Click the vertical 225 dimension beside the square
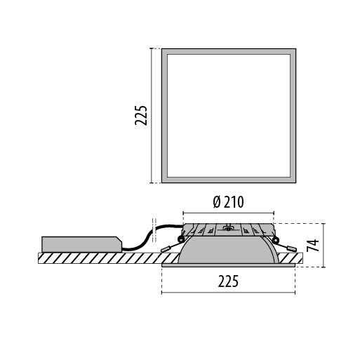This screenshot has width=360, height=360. [x=141, y=115]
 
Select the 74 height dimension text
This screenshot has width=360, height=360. [x=314, y=245]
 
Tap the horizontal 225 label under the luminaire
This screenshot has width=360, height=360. [x=227, y=281]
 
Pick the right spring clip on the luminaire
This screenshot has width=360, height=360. [x=286, y=248]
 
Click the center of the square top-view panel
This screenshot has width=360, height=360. [x=227, y=115]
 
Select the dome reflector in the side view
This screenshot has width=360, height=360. [x=228, y=251]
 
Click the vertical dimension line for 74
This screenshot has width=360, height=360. [x=324, y=245]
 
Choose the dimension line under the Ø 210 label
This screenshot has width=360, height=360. [x=227, y=212]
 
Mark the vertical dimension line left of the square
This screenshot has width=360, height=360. [x=152, y=115]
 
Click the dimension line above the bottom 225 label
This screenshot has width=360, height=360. [x=227, y=292]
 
